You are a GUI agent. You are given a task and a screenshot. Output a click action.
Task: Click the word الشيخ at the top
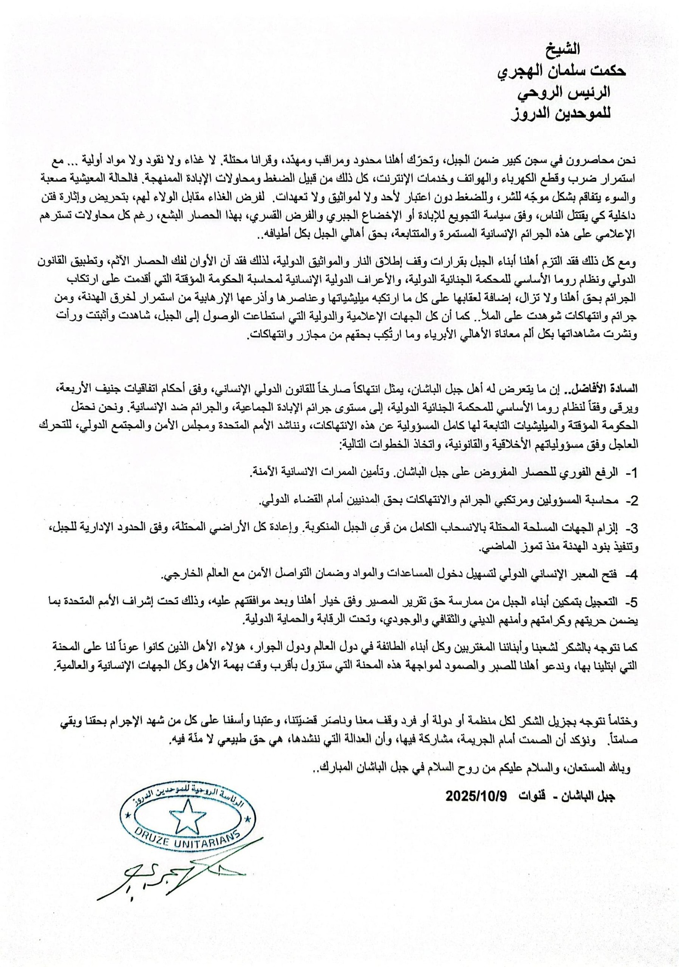pyautogui.click(x=566, y=49)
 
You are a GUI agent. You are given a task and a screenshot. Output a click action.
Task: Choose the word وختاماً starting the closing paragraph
pyautogui.click(x=622, y=722)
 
